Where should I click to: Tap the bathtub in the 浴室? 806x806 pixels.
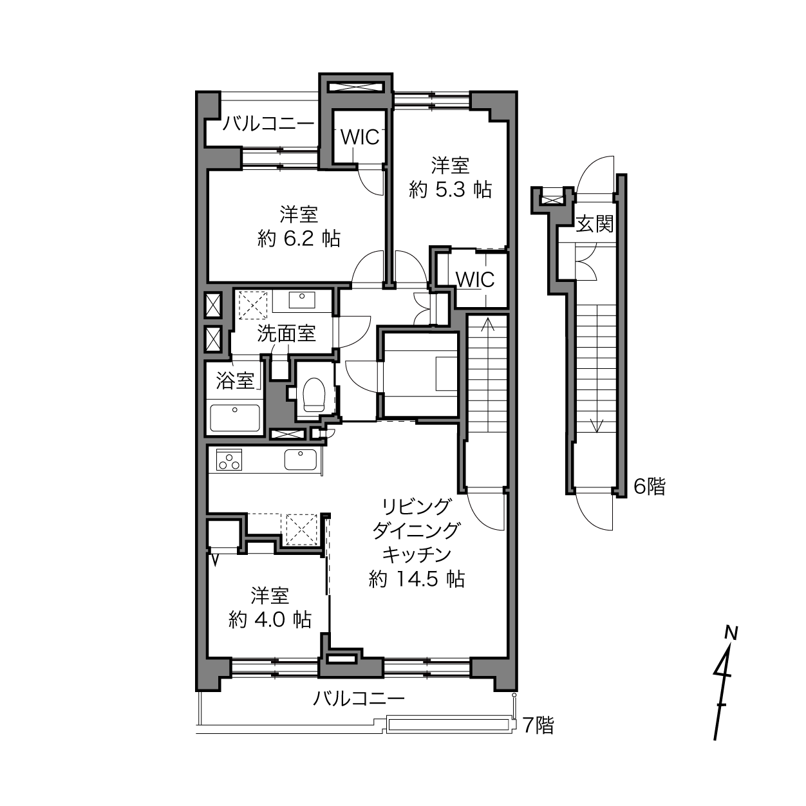click(235, 418)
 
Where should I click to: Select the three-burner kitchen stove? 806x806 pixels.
click(229, 460)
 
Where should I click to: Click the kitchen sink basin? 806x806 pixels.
click(300, 460)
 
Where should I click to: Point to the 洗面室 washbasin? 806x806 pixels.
click(302, 300)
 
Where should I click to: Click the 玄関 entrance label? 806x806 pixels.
click(594, 224)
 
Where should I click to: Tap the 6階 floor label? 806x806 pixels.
click(650, 487)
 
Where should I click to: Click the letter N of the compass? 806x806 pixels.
click(731, 633)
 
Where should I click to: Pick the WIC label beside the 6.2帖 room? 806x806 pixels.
click(360, 137)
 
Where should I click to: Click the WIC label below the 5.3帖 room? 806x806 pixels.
click(474, 279)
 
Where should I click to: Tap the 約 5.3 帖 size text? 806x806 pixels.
click(450, 191)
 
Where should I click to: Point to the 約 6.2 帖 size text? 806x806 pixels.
click(299, 239)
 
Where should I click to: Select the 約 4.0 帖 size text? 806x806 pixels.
click(270, 619)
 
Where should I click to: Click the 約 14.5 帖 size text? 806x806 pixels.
click(417, 579)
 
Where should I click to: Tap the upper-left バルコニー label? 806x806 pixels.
click(268, 124)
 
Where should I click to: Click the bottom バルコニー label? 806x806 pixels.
click(359, 698)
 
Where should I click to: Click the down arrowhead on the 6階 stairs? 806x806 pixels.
click(597, 427)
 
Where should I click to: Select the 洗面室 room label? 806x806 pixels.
click(286, 333)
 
